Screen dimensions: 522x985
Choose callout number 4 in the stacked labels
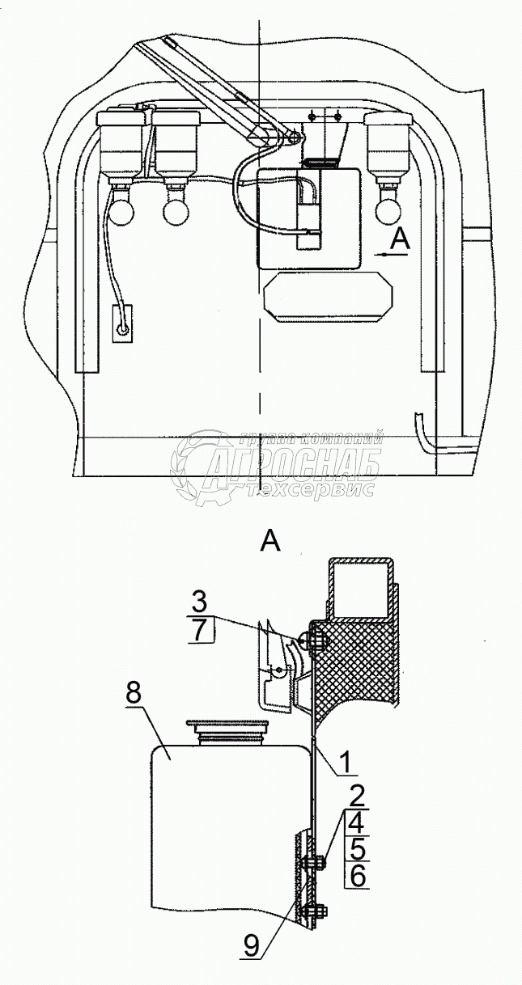coord(356,824)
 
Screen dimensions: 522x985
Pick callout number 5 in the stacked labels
coord(356,848)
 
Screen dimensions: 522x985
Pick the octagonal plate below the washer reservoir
coord(328,296)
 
